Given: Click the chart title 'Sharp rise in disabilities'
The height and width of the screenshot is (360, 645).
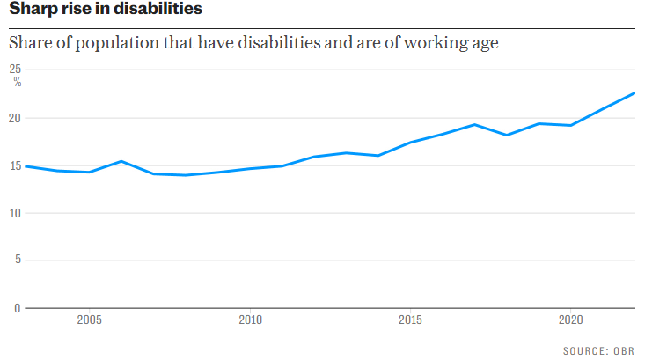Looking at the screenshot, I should tap(105, 10).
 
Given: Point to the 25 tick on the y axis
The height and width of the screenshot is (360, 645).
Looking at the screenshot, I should tap(16, 70).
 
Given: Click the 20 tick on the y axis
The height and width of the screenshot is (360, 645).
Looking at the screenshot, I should tap(16, 118).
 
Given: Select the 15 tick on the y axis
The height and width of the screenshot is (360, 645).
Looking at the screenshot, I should tap(16, 165).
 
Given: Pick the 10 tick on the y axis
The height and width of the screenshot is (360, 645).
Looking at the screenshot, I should tap(16, 213).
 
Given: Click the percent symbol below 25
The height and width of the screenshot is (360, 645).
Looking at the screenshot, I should tap(17, 82).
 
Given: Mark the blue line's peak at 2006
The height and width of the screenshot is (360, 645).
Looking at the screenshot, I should tap(121, 161).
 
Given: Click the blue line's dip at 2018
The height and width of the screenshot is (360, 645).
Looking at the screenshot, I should tap(507, 135).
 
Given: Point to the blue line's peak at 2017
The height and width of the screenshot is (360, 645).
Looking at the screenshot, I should tap(474, 124).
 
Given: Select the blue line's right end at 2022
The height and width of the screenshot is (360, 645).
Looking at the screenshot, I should tap(634, 93).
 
